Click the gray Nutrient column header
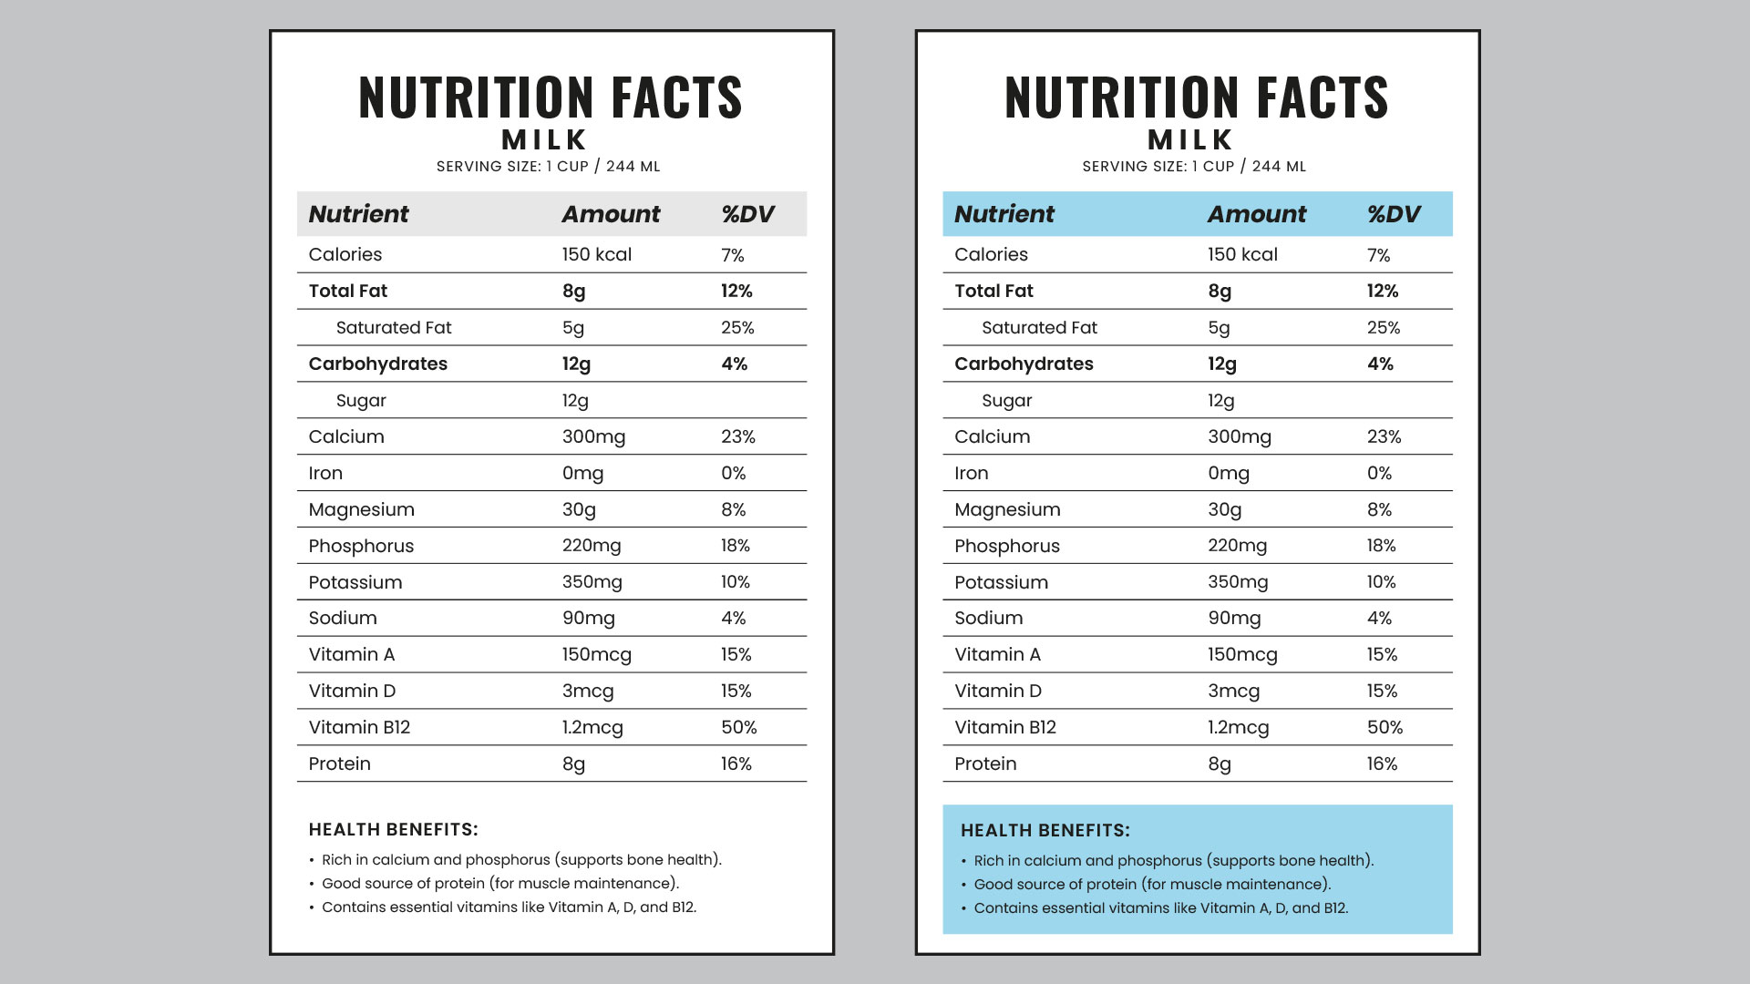(358, 214)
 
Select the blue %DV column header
(1394, 214)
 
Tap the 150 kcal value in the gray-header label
(596, 254)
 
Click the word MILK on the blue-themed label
(1190, 139)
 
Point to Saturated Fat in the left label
(393, 327)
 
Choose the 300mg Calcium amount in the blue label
(1239, 436)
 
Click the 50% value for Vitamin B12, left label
(738, 727)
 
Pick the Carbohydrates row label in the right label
(1024, 364)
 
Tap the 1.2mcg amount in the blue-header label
(1238, 727)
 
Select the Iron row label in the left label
(325, 473)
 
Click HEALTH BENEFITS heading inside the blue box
(1045, 830)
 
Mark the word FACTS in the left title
(676, 97)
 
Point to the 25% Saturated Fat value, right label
(1383, 327)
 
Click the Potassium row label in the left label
(355, 582)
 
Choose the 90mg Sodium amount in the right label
(1234, 618)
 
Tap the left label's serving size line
(548, 167)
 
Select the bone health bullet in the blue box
(1173, 860)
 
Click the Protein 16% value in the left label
(736, 764)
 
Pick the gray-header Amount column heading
(611, 214)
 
